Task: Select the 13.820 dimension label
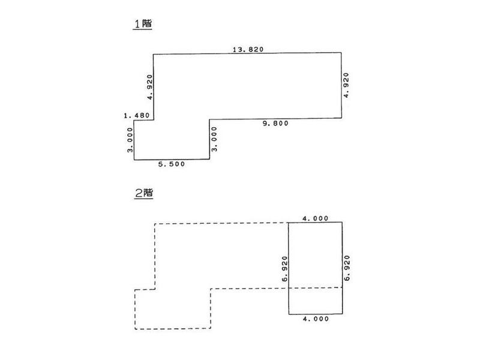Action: coord(248,49)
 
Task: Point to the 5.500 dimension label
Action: coord(171,163)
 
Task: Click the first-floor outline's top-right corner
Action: coord(341,53)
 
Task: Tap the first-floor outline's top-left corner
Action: coord(153,54)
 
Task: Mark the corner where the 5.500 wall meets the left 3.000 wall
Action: coord(134,160)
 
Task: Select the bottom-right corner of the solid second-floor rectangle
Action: coord(343,314)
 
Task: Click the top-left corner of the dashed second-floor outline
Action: coord(155,224)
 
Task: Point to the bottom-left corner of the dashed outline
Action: coord(135,329)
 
